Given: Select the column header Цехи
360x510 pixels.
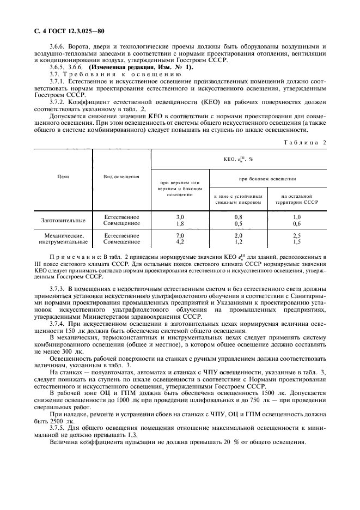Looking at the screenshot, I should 63,177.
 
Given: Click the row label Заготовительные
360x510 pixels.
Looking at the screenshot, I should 64,220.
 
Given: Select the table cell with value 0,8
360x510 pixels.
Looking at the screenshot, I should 238,217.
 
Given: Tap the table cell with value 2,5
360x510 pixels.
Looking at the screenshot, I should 297,235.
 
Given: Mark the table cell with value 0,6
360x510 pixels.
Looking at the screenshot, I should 297,223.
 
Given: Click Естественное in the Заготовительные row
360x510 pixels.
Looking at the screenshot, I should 121,217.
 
